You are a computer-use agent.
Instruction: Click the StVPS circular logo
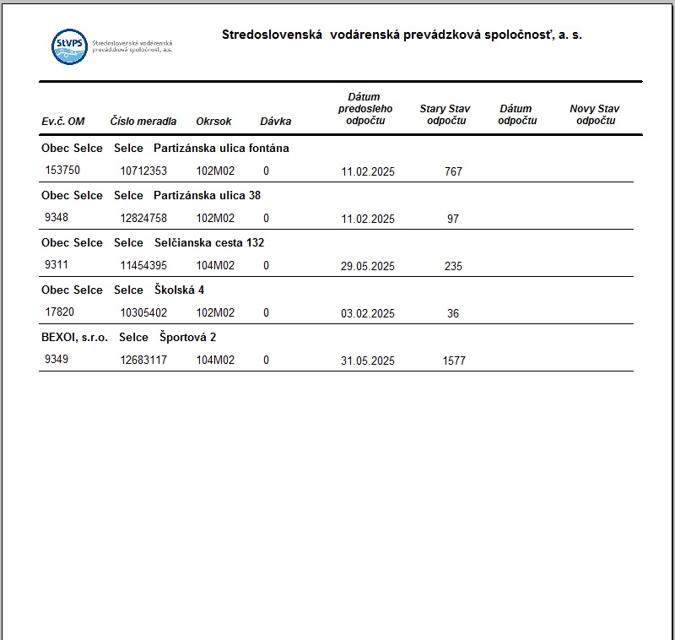69,46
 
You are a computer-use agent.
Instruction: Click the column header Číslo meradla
143,122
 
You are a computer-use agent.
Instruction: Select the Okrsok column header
213,122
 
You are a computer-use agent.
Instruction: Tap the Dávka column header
275,122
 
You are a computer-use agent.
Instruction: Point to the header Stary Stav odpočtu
445,115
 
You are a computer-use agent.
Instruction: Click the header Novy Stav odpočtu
595,115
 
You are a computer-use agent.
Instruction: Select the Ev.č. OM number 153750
62,171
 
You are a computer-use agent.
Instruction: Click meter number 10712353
143,171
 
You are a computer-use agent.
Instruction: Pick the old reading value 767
453,172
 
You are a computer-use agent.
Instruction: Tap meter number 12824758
143,219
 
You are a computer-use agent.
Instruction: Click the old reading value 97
453,220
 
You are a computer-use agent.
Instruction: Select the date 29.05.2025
368,267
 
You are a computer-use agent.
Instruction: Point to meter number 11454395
143,266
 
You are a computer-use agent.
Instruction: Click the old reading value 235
453,267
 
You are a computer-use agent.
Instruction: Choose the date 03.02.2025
368,314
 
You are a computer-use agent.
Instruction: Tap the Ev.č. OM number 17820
59,312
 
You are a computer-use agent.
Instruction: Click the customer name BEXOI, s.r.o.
74,337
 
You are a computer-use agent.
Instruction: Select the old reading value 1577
453,361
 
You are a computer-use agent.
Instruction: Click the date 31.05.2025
368,361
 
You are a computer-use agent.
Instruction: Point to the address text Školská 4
180,290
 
